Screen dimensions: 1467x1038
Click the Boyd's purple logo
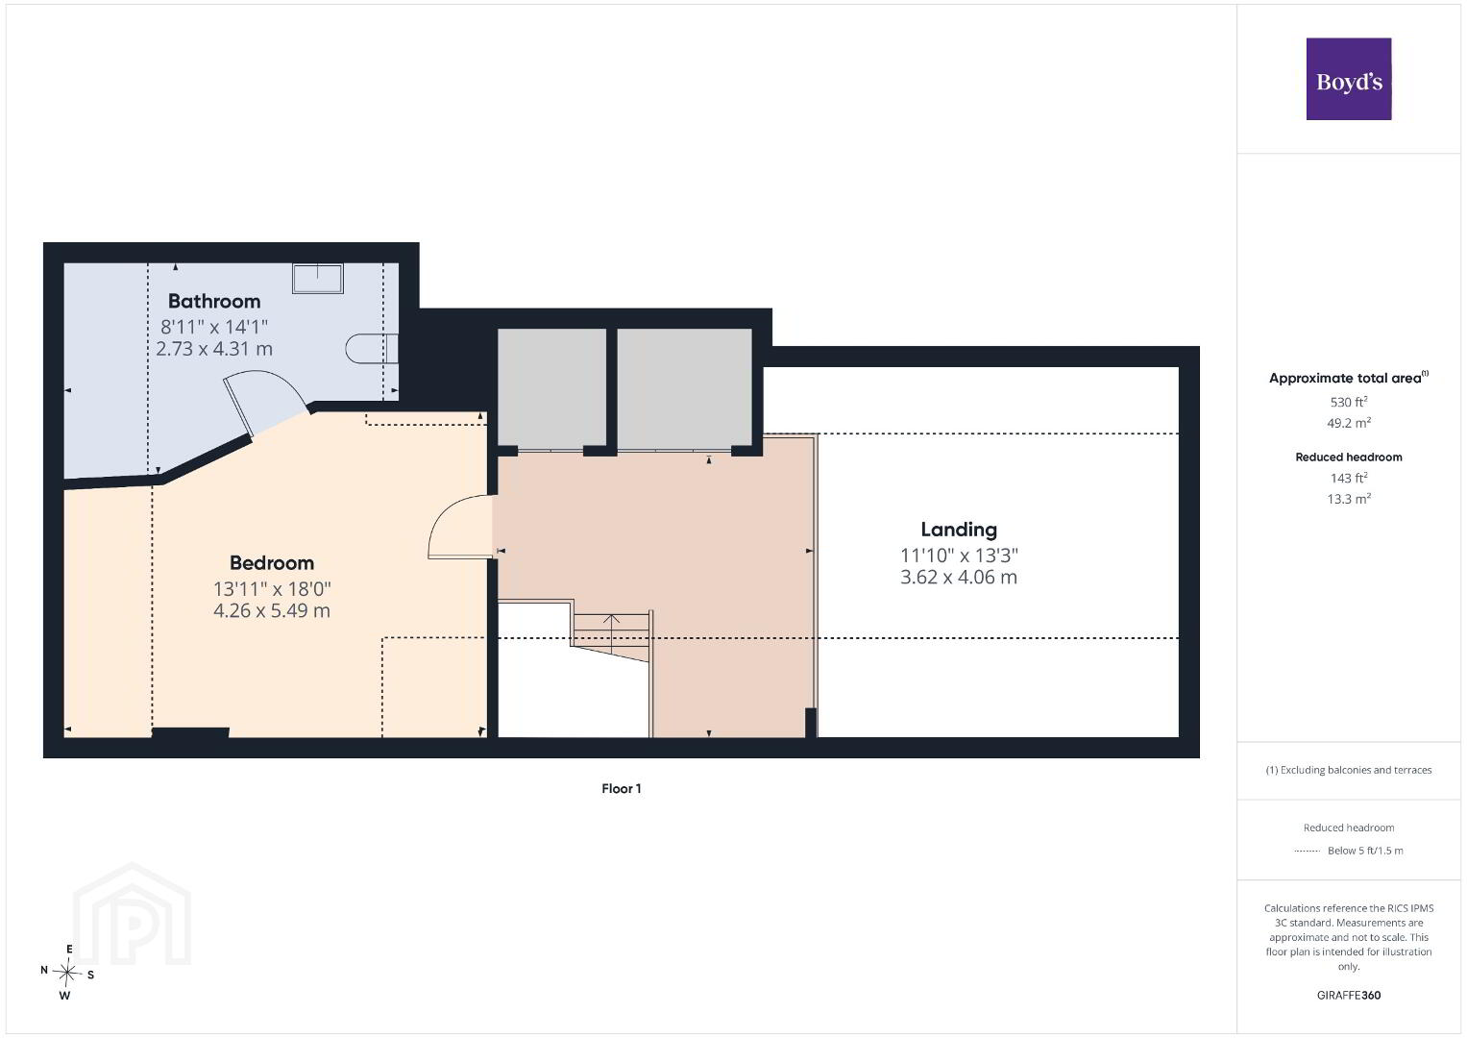coord(1349,79)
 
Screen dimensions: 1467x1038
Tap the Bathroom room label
coord(214,301)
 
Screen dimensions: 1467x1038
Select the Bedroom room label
coord(272,563)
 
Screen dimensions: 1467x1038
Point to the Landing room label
coord(959,530)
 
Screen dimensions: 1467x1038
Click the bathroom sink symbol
coord(318,279)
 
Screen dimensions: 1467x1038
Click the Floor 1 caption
coord(621,788)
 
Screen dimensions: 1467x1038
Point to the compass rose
coord(67,973)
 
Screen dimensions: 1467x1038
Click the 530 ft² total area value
coord(1349,402)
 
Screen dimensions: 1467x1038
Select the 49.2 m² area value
coord(1349,423)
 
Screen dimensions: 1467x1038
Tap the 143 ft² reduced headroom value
coord(1349,478)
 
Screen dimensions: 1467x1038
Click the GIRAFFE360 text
coord(1349,996)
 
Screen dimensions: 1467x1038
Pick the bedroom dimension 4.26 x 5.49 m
coord(272,610)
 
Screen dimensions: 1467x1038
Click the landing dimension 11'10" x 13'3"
coord(959,556)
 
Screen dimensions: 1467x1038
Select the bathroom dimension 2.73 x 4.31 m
coord(214,349)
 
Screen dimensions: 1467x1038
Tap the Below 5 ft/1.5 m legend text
coord(1365,851)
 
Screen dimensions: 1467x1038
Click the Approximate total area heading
coord(1349,378)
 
